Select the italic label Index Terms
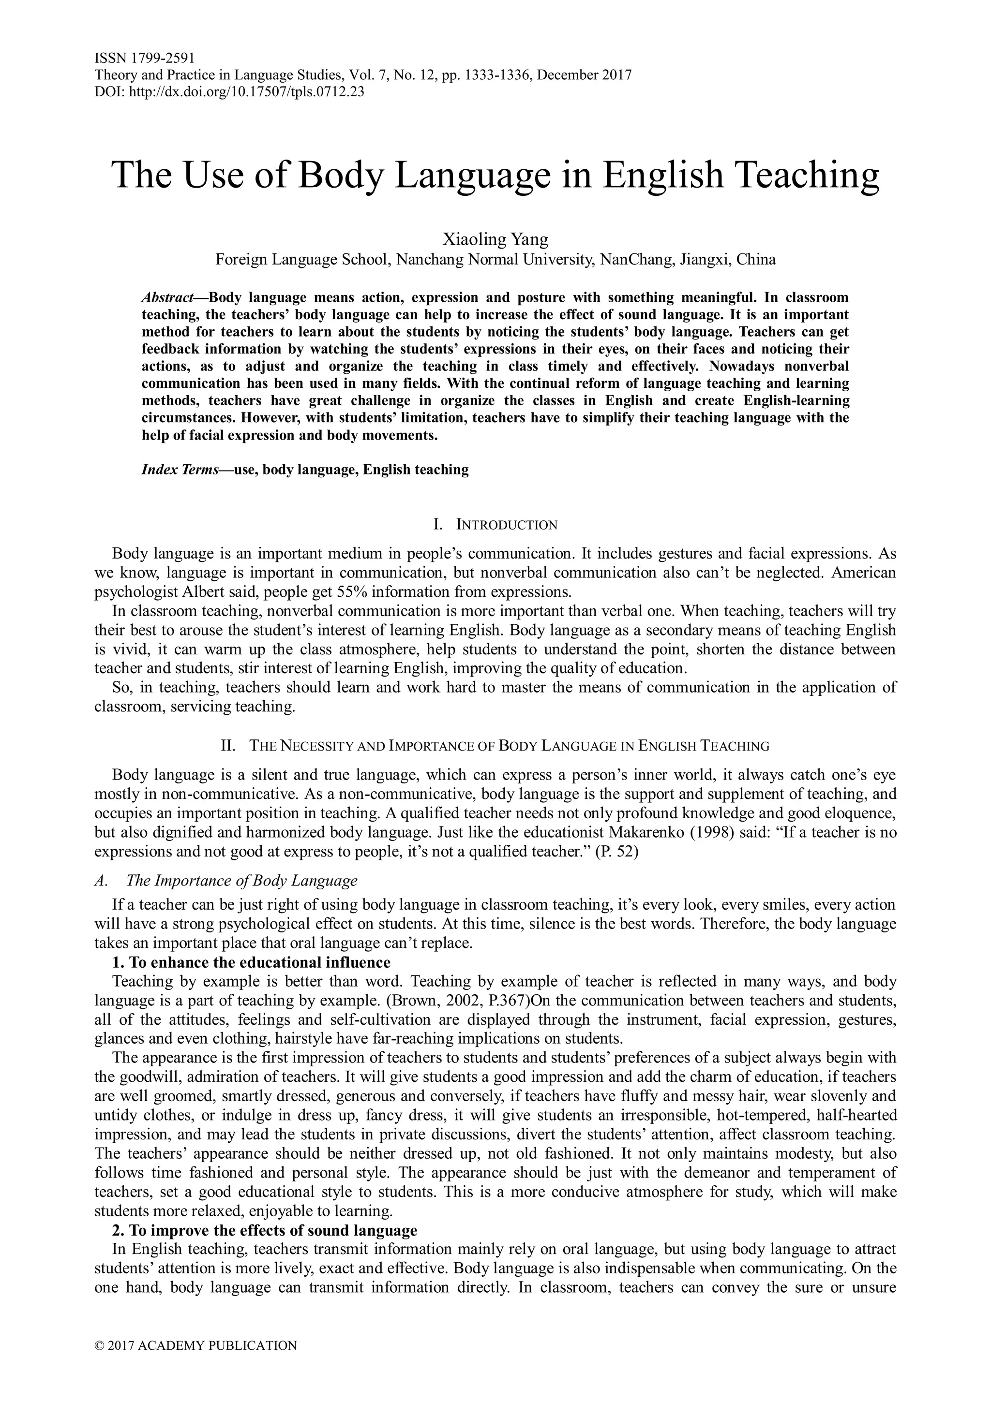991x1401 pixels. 180,470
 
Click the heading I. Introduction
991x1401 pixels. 495,525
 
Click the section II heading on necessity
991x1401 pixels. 495,746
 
